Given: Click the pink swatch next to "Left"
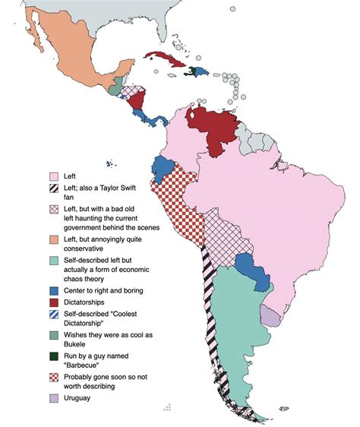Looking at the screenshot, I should (55, 176).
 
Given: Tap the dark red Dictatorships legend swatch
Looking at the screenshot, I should (55, 302).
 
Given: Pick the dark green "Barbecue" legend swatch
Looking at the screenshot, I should (55, 353).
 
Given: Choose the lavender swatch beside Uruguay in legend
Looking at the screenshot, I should (55, 398).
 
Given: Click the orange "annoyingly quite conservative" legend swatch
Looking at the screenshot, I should (55, 239).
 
